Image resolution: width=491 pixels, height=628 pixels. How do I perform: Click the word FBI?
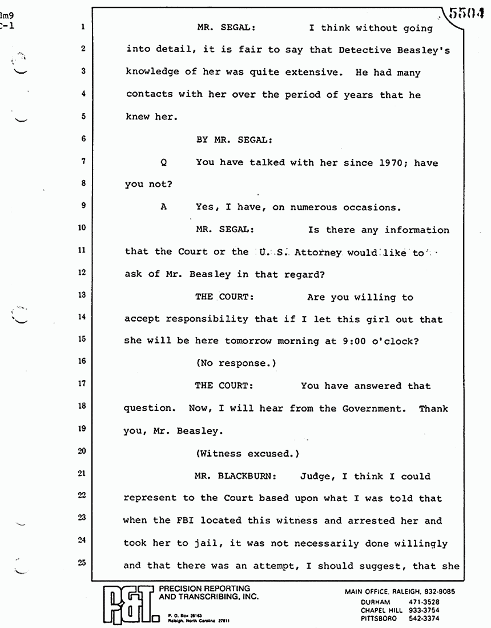162,520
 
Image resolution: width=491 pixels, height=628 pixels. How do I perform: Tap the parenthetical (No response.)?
239,363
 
